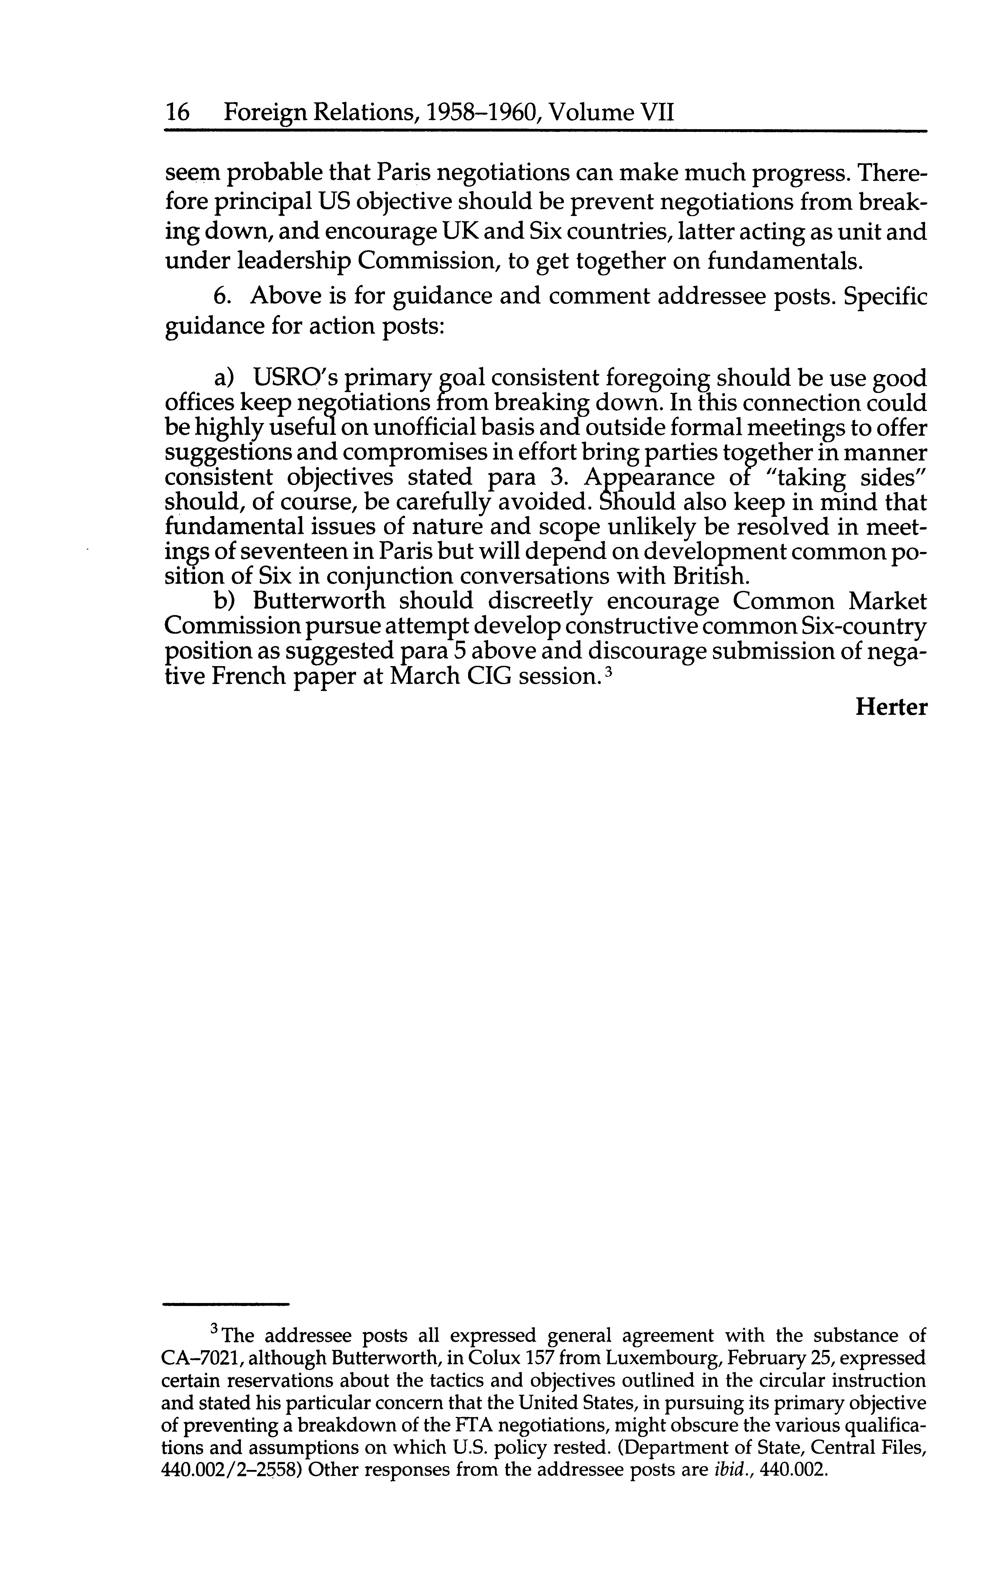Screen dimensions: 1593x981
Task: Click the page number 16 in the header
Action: tap(177, 113)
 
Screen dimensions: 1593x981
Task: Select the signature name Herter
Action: tap(891, 707)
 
